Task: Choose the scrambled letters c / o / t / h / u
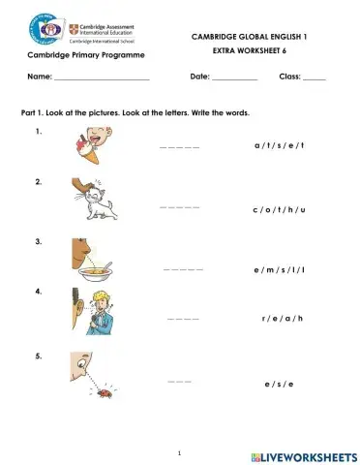coord(279,208)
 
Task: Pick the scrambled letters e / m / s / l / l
coord(279,269)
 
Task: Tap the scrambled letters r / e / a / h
coord(283,317)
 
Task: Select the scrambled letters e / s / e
coord(279,384)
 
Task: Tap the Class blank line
coord(315,77)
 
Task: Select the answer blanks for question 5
coord(179,383)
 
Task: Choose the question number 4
coord(38,291)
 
